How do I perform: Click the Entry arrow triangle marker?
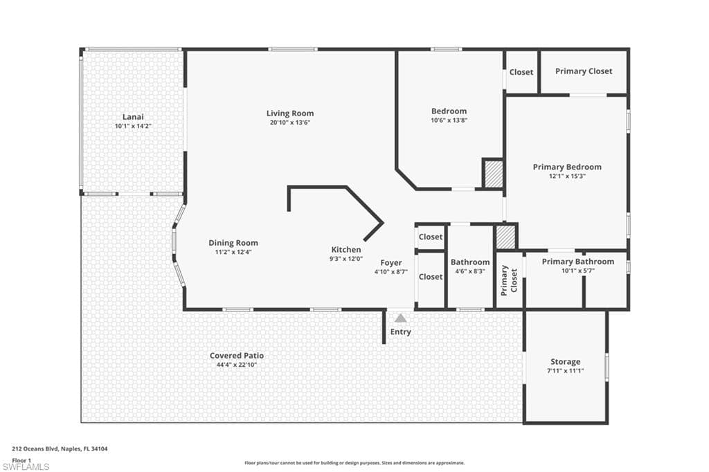pyautogui.click(x=400, y=318)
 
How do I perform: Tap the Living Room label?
pyautogui.click(x=290, y=114)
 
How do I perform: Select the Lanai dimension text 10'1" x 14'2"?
pyautogui.click(x=133, y=127)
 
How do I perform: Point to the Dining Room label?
pyautogui.click(x=233, y=243)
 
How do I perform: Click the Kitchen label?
pyautogui.click(x=345, y=250)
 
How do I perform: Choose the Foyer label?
pyautogui.click(x=391, y=263)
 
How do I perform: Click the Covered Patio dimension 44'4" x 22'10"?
pyautogui.click(x=237, y=365)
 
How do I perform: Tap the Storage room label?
pyautogui.click(x=565, y=362)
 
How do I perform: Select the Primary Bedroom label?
pyautogui.click(x=566, y=167)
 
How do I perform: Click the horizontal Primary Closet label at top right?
pyautogui.click(x=583, y=71)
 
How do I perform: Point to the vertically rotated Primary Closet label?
pyautogui.click(x=510, y=279)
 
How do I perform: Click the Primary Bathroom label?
pyautogui.click(x=577, y=262)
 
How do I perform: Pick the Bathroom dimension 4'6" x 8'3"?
pyautogui.click(x=469, y=271)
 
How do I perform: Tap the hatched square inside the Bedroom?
pyautogui.click(x=492, y=173)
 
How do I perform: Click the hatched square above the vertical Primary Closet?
pyautogui.click(x=506, y=237)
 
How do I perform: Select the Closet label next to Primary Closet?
pyautogui.click(x=521, y=72)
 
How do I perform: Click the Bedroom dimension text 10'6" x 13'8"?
pyautogui.click(x=449, y=120)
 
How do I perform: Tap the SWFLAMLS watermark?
pyautogui.click(x=26, y=466)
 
